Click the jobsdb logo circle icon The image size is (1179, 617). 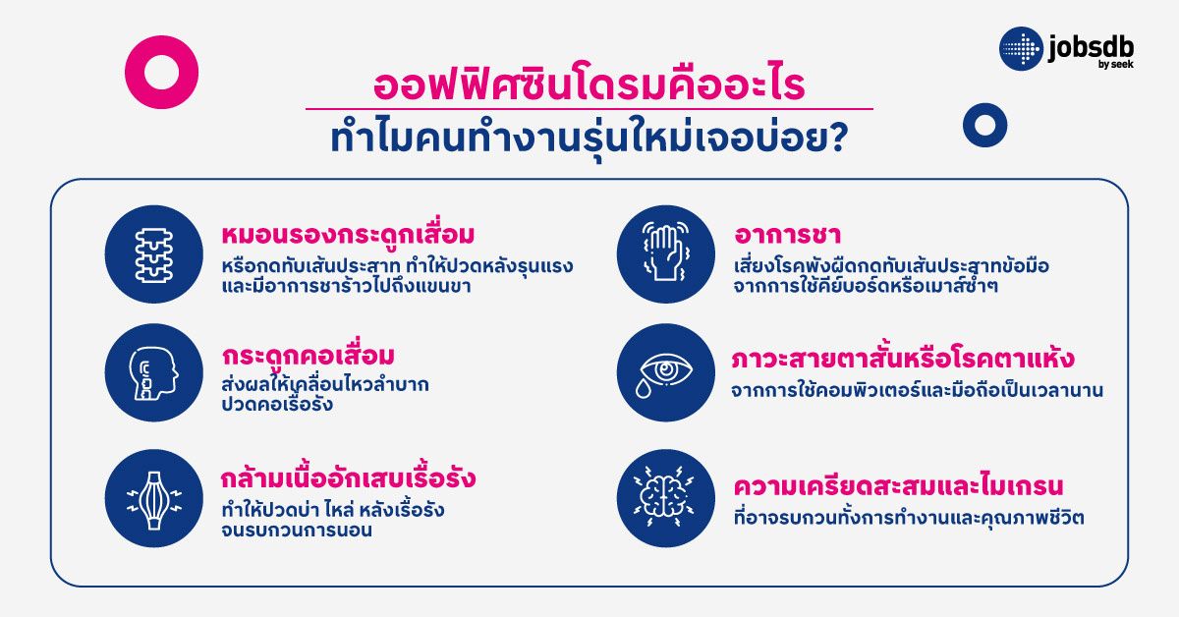pyautogui.click(x=1021, y=49)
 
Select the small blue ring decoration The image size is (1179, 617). pyautogui.click(x=984, y=125)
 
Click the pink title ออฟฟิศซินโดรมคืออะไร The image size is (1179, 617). pyautogui.click(x=589, y=84)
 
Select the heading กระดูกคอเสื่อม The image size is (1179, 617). pyautogui.click(x=309, y=355)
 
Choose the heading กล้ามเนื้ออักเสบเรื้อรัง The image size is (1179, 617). pyautogui.click(x=349, y=479)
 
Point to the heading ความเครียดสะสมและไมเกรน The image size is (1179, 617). pyautogui.click(x=899, y=486)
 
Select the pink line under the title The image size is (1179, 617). pyautogui.click(x=589, y=109)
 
